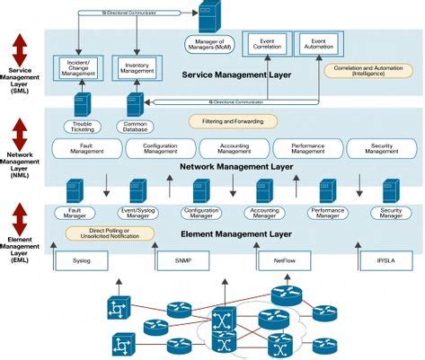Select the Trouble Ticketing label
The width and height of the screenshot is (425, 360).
pyautogui.click(x=82, y=127)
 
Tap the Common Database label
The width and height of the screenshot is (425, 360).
pyautogui.click(x=135, y=127)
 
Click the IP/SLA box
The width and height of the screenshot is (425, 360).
pyautogui.click(x=388, y=261)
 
